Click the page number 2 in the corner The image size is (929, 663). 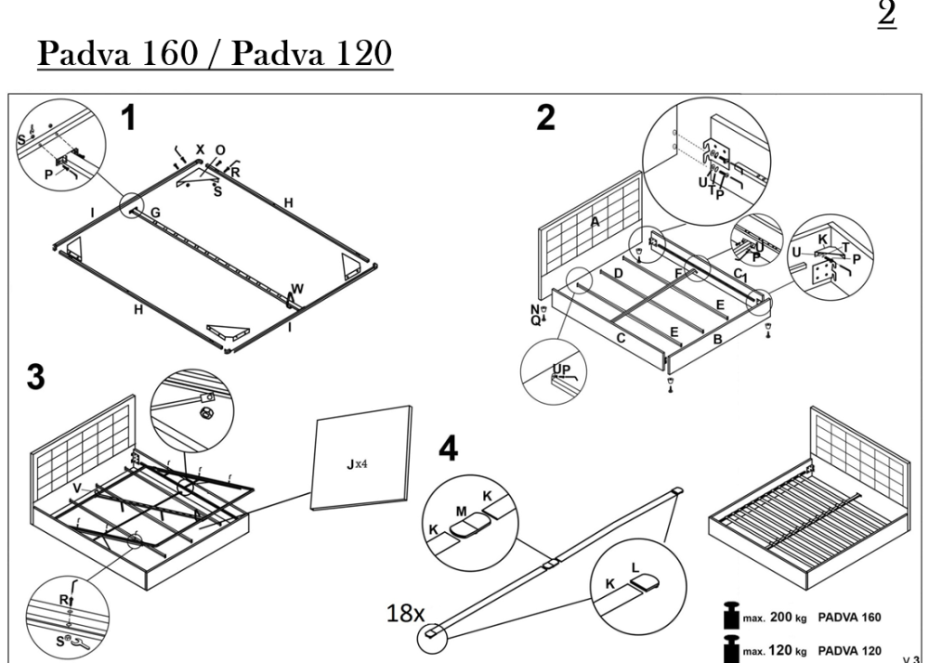coord(885,15)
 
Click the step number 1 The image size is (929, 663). coord(130,118)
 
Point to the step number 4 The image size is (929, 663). coord(450,449)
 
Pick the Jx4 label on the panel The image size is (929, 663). coord(359,463)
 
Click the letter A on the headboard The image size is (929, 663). coord(595,220)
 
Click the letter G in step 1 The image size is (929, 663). coord(155,214)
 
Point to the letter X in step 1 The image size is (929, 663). coord(199,149)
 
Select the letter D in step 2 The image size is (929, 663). coord(618,274)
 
